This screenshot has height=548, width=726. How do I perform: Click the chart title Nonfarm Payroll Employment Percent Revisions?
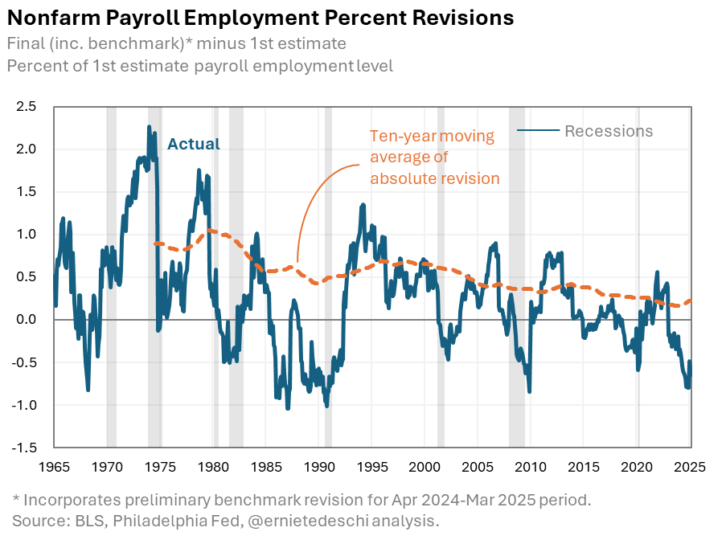click(260, 17)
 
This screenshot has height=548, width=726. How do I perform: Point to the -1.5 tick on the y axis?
click(24, 448)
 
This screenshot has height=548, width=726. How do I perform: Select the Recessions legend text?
click(609, 131)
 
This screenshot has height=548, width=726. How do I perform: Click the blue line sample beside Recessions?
click(537, 131)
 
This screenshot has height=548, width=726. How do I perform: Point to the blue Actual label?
click(193, 145)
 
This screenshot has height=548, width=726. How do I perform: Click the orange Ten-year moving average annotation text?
click(434, 157)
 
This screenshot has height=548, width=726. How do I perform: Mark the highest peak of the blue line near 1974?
click(149, 127)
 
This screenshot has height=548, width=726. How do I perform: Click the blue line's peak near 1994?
click(363, 206)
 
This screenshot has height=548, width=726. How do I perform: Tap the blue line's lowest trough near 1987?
click(288, 407)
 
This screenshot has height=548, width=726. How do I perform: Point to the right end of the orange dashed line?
click(691, 301)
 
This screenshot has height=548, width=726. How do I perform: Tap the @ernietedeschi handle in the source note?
click(327, 521)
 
